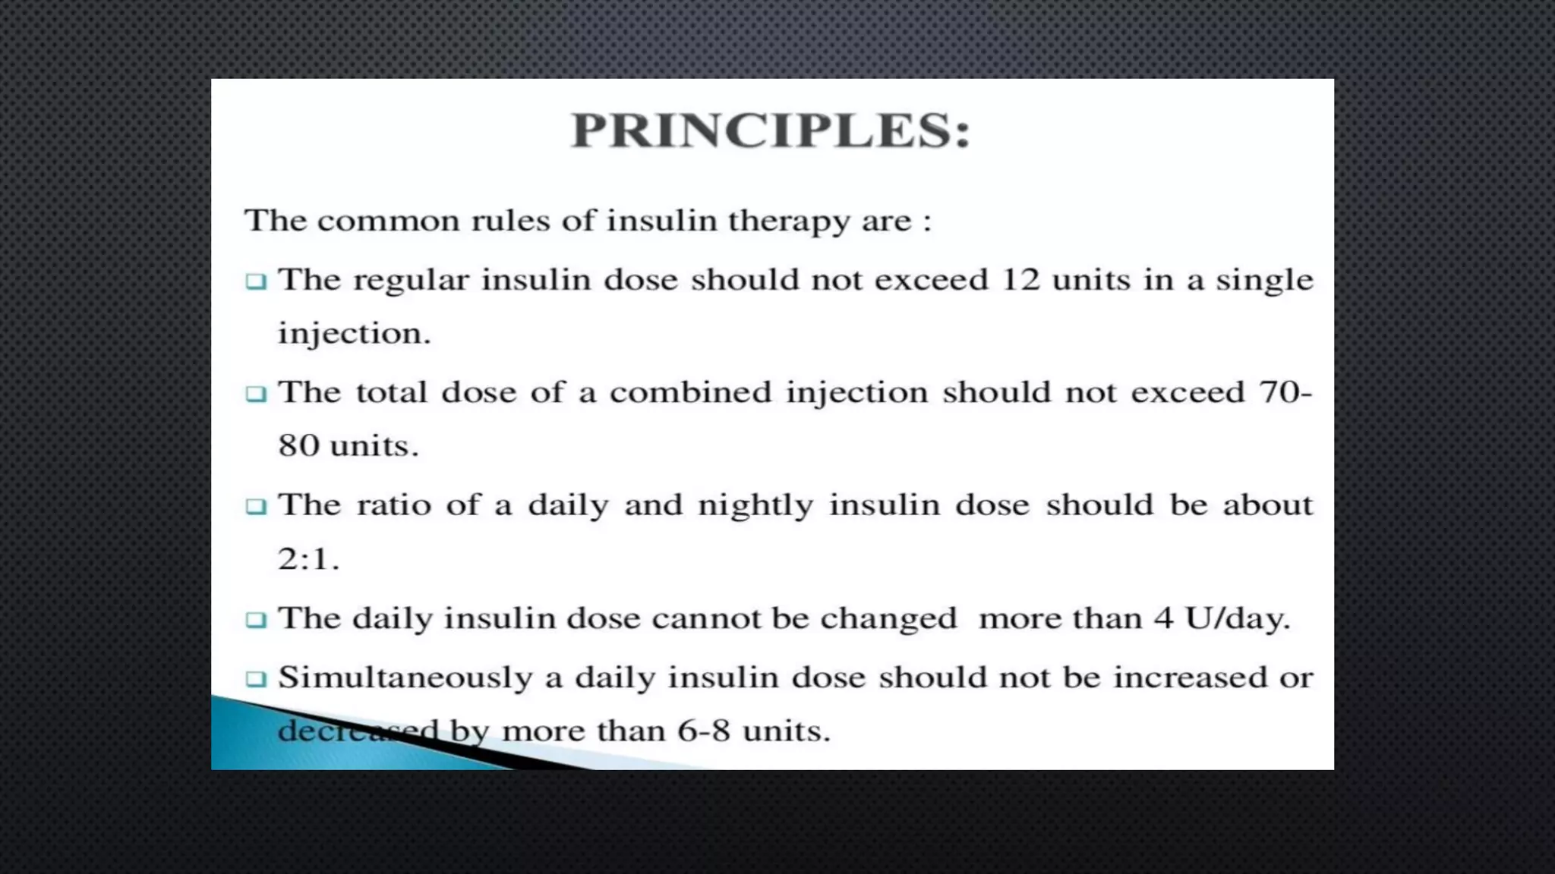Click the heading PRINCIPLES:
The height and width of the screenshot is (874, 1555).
pos(771,130)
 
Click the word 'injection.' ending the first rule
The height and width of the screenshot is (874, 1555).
pos(354,334)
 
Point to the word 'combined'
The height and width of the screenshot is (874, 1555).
pos(690,392)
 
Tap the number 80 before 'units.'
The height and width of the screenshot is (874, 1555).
pos(298,445)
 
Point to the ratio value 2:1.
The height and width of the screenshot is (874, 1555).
pos(308,559)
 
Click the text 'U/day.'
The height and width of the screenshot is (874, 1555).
pos(1238,618)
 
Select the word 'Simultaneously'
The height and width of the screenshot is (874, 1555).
pos(405,678)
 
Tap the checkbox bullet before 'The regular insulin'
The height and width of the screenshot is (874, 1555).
pos(257,281)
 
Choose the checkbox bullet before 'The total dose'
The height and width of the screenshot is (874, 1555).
pos(257,394)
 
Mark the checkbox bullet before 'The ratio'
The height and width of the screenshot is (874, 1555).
pos(257,506)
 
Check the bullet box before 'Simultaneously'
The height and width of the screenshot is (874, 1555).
pos(257,678)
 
